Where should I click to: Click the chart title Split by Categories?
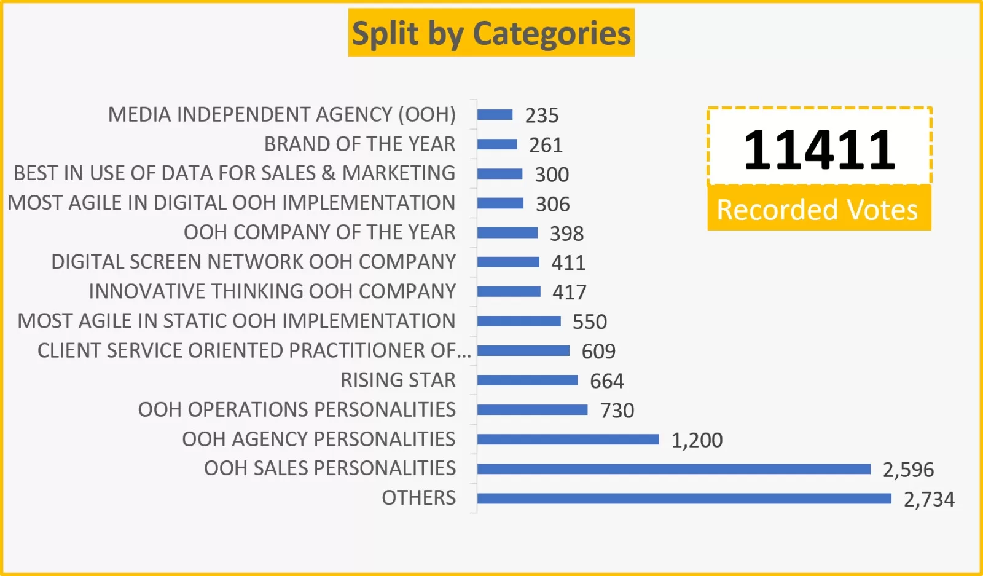click(491, 33)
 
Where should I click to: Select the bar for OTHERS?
click(684, 498)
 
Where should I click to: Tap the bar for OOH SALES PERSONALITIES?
click(673, 469)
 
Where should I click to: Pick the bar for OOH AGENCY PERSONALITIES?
click(568, 439)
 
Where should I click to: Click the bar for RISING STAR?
click(527, 380)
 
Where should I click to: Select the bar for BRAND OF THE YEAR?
click(496, 144)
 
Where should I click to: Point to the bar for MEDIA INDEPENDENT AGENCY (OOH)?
click(495, 115)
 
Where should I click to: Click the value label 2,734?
click(929, 499)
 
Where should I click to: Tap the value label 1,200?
click(697, 440)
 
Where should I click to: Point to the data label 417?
click(569, 292)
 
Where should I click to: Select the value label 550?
click(589, 322)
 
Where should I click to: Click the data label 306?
click(552, 204)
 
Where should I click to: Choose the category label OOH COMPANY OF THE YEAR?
click(319, 232)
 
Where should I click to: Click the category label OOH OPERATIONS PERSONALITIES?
click(297, 409)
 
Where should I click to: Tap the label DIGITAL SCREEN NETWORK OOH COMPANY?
click(253, 262)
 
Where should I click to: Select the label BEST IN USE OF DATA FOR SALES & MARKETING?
click(234, 173)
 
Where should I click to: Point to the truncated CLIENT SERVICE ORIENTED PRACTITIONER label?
click(254, 350)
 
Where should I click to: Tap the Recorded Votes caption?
click(817, 210)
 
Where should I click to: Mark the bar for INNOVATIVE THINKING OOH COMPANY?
click(509, 291)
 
